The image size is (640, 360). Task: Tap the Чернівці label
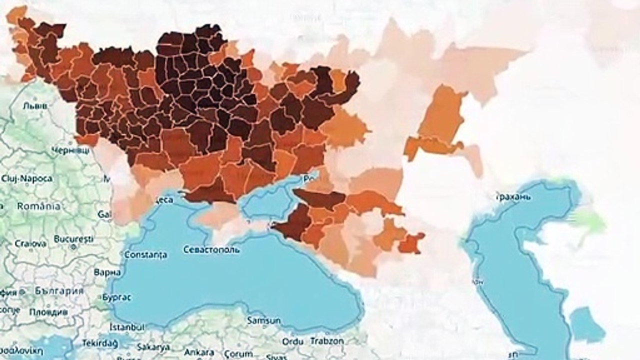coord(71,150)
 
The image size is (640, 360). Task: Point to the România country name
coord(38,206)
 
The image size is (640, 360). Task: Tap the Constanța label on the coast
coord(145,254)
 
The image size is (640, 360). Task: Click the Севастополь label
coord(211,249)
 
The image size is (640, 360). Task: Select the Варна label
coord(107,272)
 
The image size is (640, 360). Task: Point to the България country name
coord(59,290)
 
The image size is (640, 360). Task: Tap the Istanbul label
coord(127,326)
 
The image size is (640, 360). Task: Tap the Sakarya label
coord(152,347)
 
